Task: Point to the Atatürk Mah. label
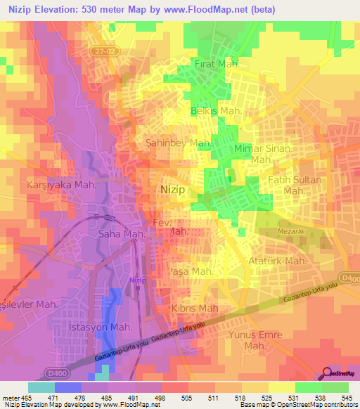coord(277,261)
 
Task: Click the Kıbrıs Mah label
coord(193,309)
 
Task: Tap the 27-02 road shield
coord(101,52)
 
